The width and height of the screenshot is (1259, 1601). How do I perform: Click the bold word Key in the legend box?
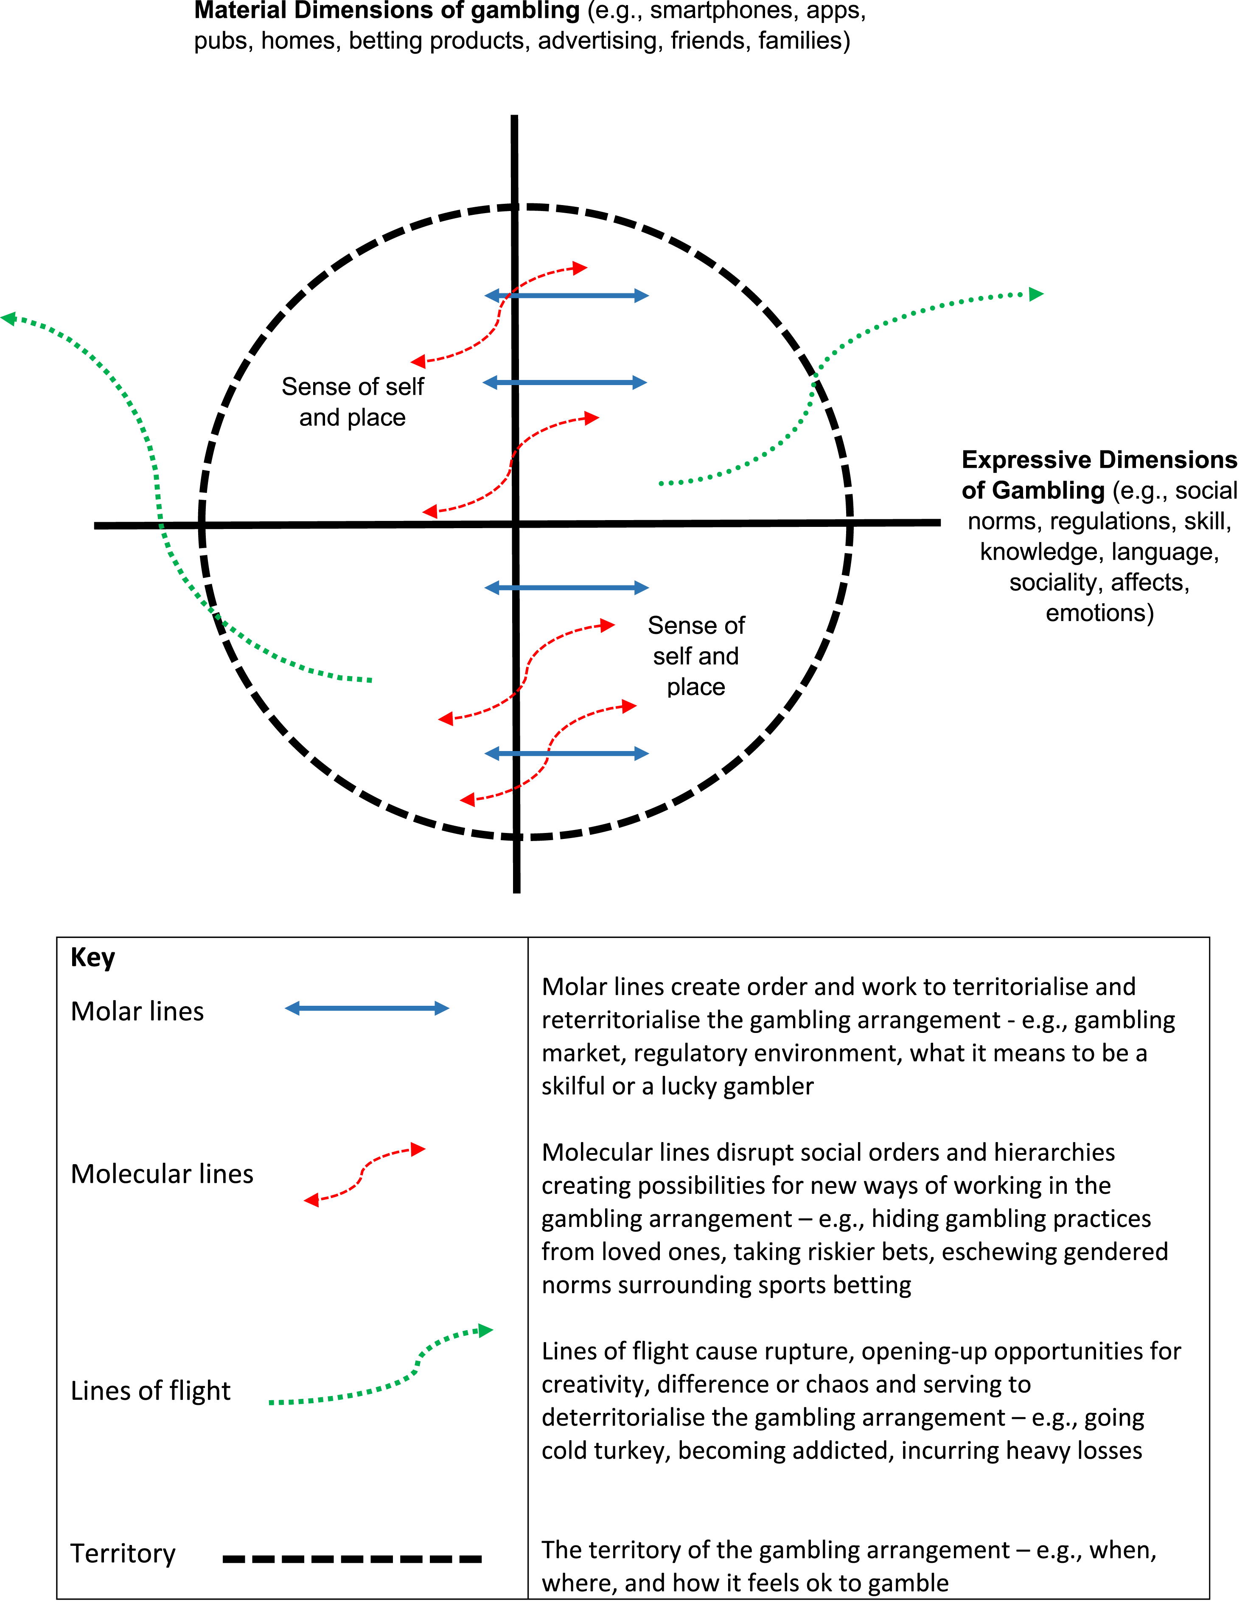(93, 957)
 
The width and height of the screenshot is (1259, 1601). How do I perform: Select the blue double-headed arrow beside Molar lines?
(367, 1008)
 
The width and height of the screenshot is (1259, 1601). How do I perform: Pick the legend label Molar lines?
(137, 1011)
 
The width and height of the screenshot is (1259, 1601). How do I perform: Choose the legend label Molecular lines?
(162, 1173)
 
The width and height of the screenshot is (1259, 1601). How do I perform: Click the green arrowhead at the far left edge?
(9, 318)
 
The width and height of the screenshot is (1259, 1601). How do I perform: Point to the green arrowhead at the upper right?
(1036, 294)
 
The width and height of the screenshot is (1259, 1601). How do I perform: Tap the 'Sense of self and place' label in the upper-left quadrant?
(352, 402)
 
